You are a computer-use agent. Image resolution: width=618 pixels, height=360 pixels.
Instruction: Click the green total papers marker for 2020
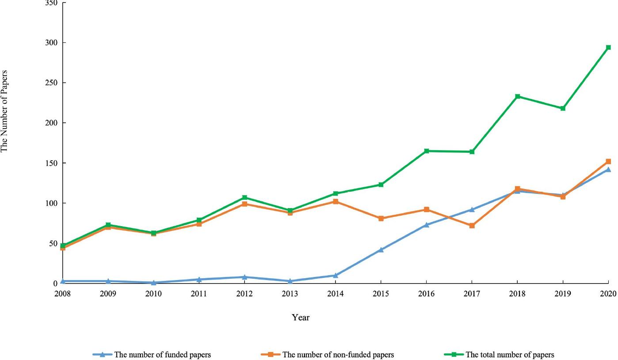click(608, 47)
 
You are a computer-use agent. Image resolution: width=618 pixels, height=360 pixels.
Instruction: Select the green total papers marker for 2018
click(517, 96)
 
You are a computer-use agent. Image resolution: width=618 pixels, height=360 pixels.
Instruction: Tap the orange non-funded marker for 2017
click(472, 225)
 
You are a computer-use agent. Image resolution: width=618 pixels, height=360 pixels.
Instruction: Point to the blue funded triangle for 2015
click(381, 250)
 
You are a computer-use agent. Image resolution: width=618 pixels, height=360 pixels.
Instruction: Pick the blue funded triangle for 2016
click(426, 224)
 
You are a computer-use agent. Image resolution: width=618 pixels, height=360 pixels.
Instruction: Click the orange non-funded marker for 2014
click(336, 201)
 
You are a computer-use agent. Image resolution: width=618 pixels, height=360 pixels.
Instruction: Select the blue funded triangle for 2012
click(244, 277)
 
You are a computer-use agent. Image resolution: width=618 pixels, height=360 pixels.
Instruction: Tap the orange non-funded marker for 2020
click(608, 161)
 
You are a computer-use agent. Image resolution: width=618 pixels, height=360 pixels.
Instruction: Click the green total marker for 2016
click(426, 151)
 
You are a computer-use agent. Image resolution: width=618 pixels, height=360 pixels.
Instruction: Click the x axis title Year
click(301, 317)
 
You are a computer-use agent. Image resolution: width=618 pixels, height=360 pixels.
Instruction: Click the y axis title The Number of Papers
click(4, 111)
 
